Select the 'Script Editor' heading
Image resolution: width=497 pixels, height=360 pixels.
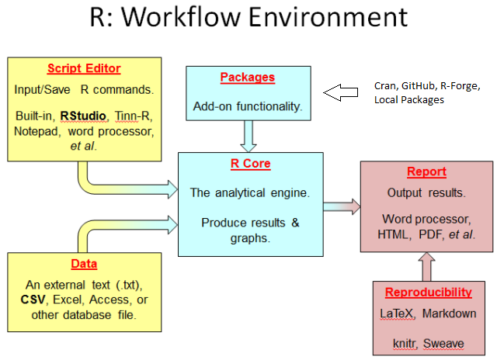coord(84,68)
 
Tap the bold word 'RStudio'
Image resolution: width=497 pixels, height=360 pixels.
coord(84,116)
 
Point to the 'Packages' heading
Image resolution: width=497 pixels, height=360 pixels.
coord(248,77)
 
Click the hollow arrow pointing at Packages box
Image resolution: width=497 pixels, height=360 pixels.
coord(342,93)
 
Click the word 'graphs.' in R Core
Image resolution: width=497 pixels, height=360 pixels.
coord(248,238)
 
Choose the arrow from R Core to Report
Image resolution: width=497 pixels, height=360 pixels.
coord(342,206)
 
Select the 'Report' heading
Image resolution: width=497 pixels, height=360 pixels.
coord(426,171)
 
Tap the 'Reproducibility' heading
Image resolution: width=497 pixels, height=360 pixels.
coord(429,292)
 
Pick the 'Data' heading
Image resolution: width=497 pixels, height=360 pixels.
coord(83,264)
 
